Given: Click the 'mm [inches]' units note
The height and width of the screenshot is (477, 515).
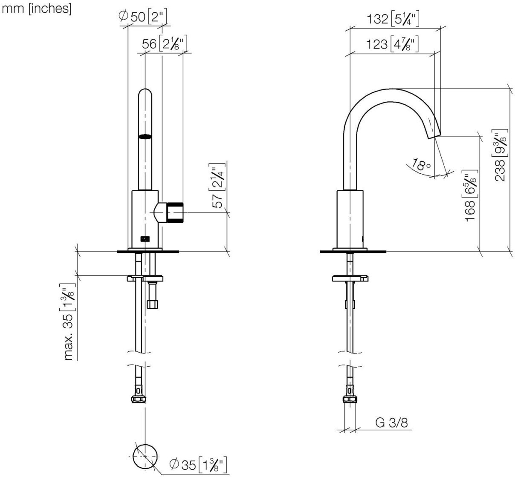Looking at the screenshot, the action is tap(37, 9).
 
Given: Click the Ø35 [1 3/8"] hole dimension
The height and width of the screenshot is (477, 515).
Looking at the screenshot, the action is tap(197, 464).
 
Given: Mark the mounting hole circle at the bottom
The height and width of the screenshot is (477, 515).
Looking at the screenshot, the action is tap(145, 455).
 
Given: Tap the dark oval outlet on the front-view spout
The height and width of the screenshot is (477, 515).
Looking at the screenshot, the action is tap(145, 137).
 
